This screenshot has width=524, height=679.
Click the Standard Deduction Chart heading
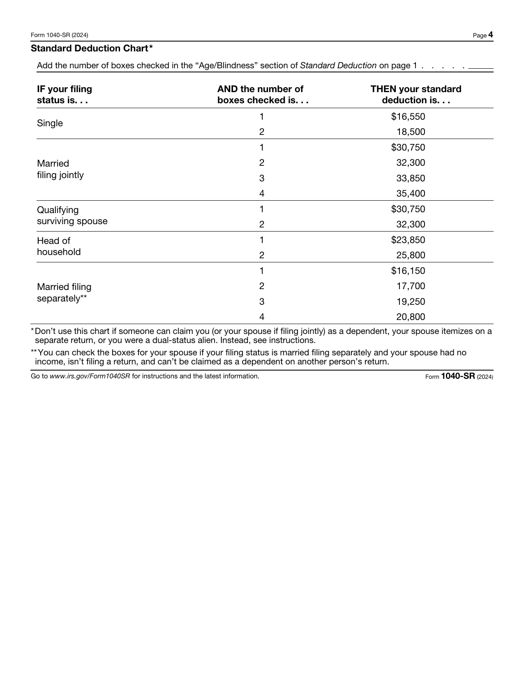(x=92, y=49)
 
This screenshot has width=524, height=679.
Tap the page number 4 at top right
(x=490, y=35)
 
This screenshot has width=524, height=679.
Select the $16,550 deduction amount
(x=408, y=117)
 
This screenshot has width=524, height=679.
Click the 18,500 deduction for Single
(x=411, y=132)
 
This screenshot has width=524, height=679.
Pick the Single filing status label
(x=50, y=123)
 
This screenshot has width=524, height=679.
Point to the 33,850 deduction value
(x=411, y=178)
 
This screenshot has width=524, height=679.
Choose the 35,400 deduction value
(x=411, y=194)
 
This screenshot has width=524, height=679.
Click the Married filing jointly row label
(x=60, y=169)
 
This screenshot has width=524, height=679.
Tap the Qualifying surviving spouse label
(x=72, y=216)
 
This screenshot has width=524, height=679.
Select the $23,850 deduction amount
(x=408, y=240)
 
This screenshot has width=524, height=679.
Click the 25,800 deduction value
(x=411, y=255)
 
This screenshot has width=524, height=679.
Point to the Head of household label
(x=58, y=246)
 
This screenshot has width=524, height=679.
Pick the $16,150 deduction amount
(x=408, y=271)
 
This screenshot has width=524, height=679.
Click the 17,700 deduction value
(x=411, y=286)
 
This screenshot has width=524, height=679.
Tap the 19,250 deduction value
(x=411, y=302)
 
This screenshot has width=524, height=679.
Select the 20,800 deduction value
(x=411, y=317)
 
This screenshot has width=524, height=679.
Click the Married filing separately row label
(x=64, y=292)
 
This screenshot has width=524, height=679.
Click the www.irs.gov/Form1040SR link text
(x=90, y=376)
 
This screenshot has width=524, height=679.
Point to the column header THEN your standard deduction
(x=416, y=95)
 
